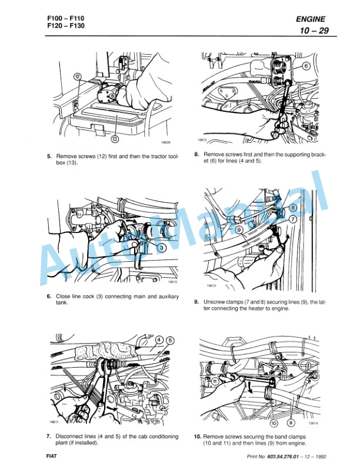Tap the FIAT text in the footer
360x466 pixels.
tap(51, 457)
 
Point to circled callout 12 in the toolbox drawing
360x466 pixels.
tap(77, 76)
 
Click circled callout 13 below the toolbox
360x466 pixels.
tap(114, 139)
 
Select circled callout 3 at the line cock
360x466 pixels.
tap(162, 248)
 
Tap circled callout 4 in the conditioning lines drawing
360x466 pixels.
tap(160, 340)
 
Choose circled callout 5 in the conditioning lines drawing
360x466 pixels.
tap(171, 340)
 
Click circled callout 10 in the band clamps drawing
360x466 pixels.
tap(274, 423)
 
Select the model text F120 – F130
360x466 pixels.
tap(65, 26)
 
